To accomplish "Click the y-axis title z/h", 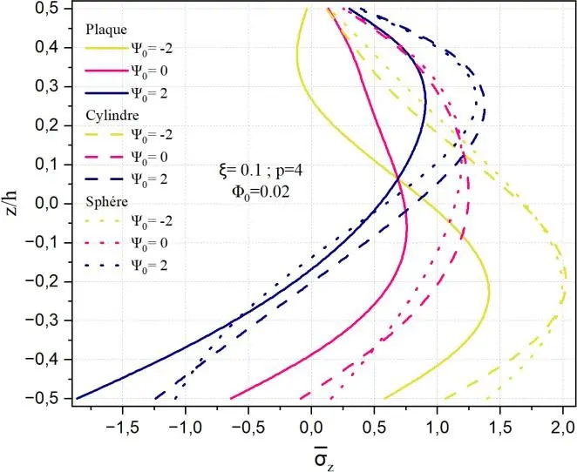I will coord(13,203).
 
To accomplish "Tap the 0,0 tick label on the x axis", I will coord(311,428).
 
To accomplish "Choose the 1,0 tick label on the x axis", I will coord(438,428).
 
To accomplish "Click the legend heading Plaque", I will coord(105,30).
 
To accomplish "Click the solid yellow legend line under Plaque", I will coord(105,51).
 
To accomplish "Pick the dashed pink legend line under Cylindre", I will coord(105,157).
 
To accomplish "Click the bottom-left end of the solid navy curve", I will coord(76,398).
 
